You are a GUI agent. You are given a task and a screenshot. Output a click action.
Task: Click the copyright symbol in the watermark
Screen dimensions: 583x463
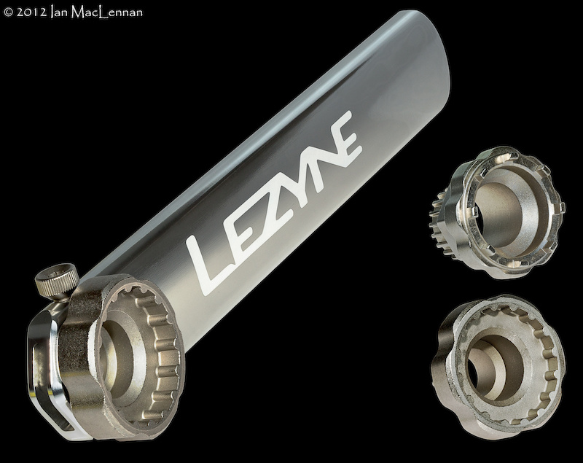coord(8,12)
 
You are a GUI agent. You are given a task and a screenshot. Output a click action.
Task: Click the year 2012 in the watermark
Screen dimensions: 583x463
coord(31,12)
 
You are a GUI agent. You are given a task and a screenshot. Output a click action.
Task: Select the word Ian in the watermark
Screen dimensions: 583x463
coord(59,12)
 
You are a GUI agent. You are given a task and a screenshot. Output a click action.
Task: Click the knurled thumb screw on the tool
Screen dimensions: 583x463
coord(57,283)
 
